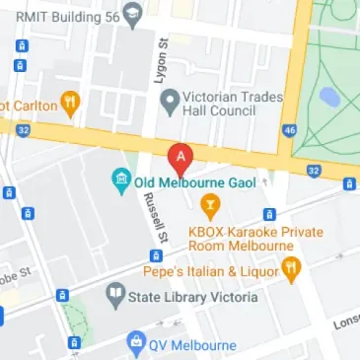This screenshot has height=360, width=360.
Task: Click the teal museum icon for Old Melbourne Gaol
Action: (x=120, y=181)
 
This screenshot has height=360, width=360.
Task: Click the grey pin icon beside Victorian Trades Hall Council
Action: (x=170, y=99)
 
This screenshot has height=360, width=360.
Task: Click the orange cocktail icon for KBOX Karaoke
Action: (x=209, y=206)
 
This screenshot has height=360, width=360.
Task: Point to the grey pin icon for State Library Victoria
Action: (x=115, y=294)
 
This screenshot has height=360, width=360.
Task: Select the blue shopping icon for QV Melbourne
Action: (x=138, y=344)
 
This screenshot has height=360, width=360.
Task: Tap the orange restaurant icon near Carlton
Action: (x=70, y=102)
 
